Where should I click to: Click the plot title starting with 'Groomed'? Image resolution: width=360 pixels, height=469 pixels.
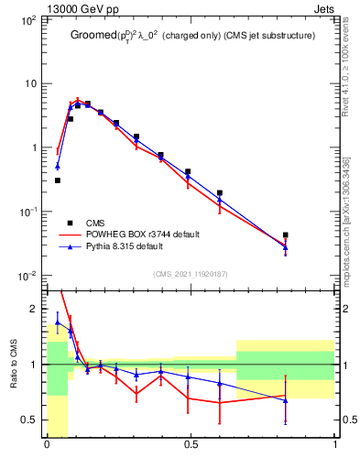tap(192, 36)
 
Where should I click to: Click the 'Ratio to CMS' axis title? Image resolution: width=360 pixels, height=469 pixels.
tap(13, 364)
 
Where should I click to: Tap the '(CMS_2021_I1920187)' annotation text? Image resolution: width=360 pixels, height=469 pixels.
tap(191, 274)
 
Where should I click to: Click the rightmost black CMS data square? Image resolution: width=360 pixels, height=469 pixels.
tap(286, 235)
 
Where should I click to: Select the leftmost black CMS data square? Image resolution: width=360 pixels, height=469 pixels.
tap(58, 180)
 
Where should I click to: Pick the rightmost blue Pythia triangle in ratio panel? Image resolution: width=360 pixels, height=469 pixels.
tap(286, 400)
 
